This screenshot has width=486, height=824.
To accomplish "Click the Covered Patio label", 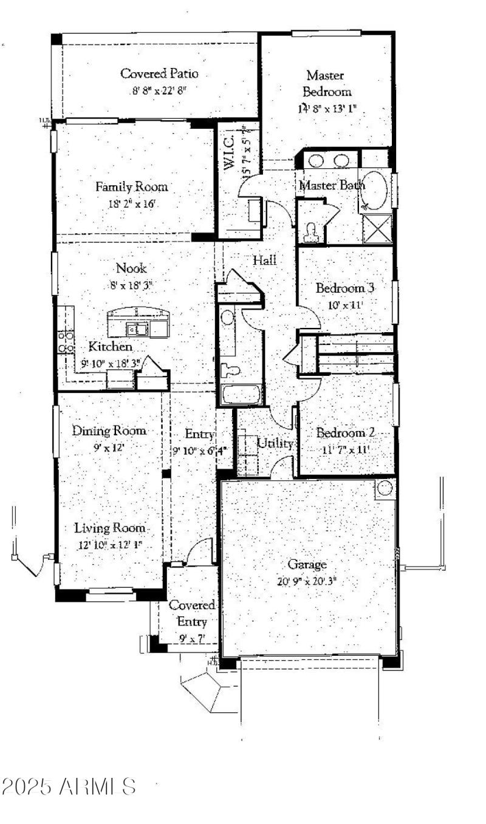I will [159, 74].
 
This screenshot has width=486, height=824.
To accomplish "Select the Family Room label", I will [131, 187].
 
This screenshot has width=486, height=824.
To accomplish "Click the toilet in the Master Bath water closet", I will [312, 231].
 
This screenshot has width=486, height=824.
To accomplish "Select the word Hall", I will [265, 260].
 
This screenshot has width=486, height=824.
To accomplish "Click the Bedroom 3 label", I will [344, 288].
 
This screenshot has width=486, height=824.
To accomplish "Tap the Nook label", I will [131, 268].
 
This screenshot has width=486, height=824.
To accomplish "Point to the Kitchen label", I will [111, 347].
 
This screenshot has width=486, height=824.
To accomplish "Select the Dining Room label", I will [109, 431].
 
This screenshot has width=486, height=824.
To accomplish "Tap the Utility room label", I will [275, 444].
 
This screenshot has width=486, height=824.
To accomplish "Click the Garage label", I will [307, 564].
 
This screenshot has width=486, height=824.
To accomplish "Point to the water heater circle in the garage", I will [384, 488].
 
